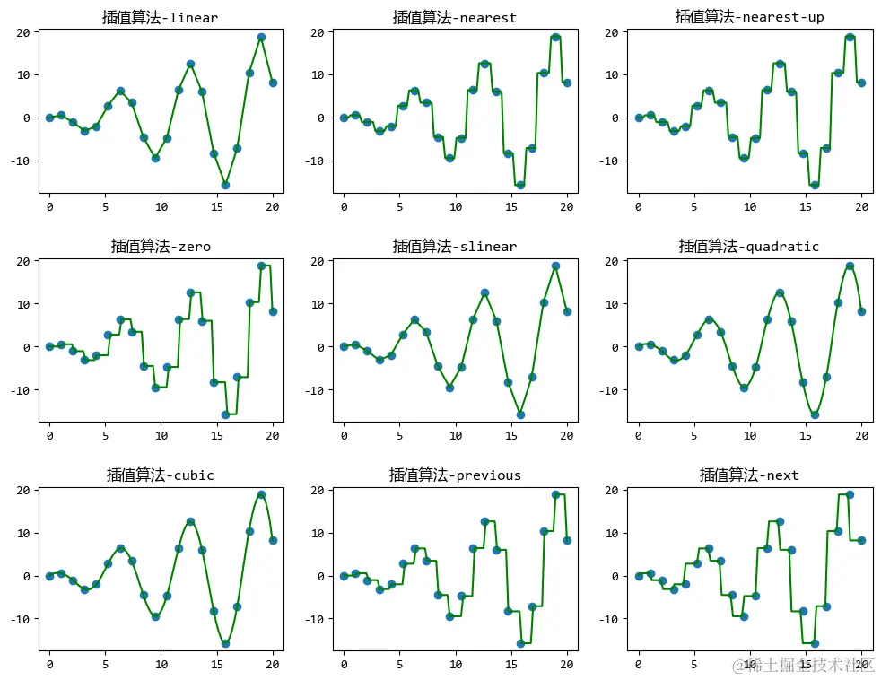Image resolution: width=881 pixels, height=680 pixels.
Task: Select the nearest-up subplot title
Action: tap(749, 17)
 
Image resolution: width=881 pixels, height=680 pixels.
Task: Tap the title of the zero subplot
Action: tap(161, 246)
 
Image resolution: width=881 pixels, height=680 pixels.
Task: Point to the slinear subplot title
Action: tap(455, 246)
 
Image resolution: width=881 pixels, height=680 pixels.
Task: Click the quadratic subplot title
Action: tap(749, 246)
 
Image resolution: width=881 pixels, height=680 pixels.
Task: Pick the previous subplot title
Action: tap(455, 475)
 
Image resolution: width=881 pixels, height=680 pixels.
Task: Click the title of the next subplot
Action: tap(749, 475)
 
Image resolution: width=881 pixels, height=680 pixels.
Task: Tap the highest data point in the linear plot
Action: tap(261, 38)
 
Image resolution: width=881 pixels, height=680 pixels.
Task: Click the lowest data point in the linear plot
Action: tap(225, 185)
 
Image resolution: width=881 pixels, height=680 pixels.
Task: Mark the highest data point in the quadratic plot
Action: tap(850, 266)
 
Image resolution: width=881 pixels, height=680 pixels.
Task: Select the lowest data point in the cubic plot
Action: tap(225, 643)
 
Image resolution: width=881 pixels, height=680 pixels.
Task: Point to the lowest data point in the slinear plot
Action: tap(519, 414)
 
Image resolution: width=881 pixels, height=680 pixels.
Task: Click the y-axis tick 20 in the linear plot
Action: tap(22, 32)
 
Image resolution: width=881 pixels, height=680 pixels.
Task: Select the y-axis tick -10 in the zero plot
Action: tap(20, 390)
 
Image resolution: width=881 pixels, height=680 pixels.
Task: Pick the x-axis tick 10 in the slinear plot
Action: tap(456, 436)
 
